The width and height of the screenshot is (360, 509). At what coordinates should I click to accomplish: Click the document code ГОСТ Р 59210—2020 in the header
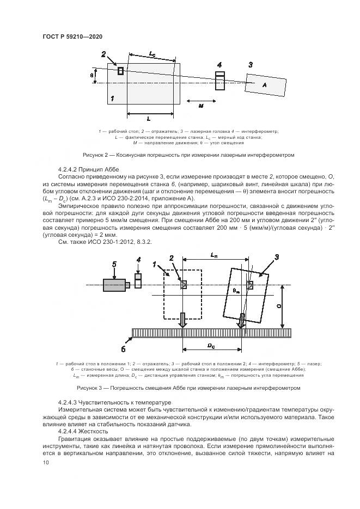point(72,36)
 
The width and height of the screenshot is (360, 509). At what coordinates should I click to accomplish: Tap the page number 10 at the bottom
point(45,462)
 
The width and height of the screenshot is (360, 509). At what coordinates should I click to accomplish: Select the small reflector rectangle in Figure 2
point(120,71)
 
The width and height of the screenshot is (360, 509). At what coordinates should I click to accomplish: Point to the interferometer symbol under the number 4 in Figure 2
point(219,81)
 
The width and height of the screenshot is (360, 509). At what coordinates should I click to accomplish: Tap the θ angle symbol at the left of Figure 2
point(92,75)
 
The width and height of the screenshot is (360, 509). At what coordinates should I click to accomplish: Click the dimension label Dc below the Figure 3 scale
point(213,346)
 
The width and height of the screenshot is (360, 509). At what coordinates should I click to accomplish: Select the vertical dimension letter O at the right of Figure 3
point(279,306)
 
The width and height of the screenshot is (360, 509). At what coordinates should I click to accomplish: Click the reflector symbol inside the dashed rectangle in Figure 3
point(184,285)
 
